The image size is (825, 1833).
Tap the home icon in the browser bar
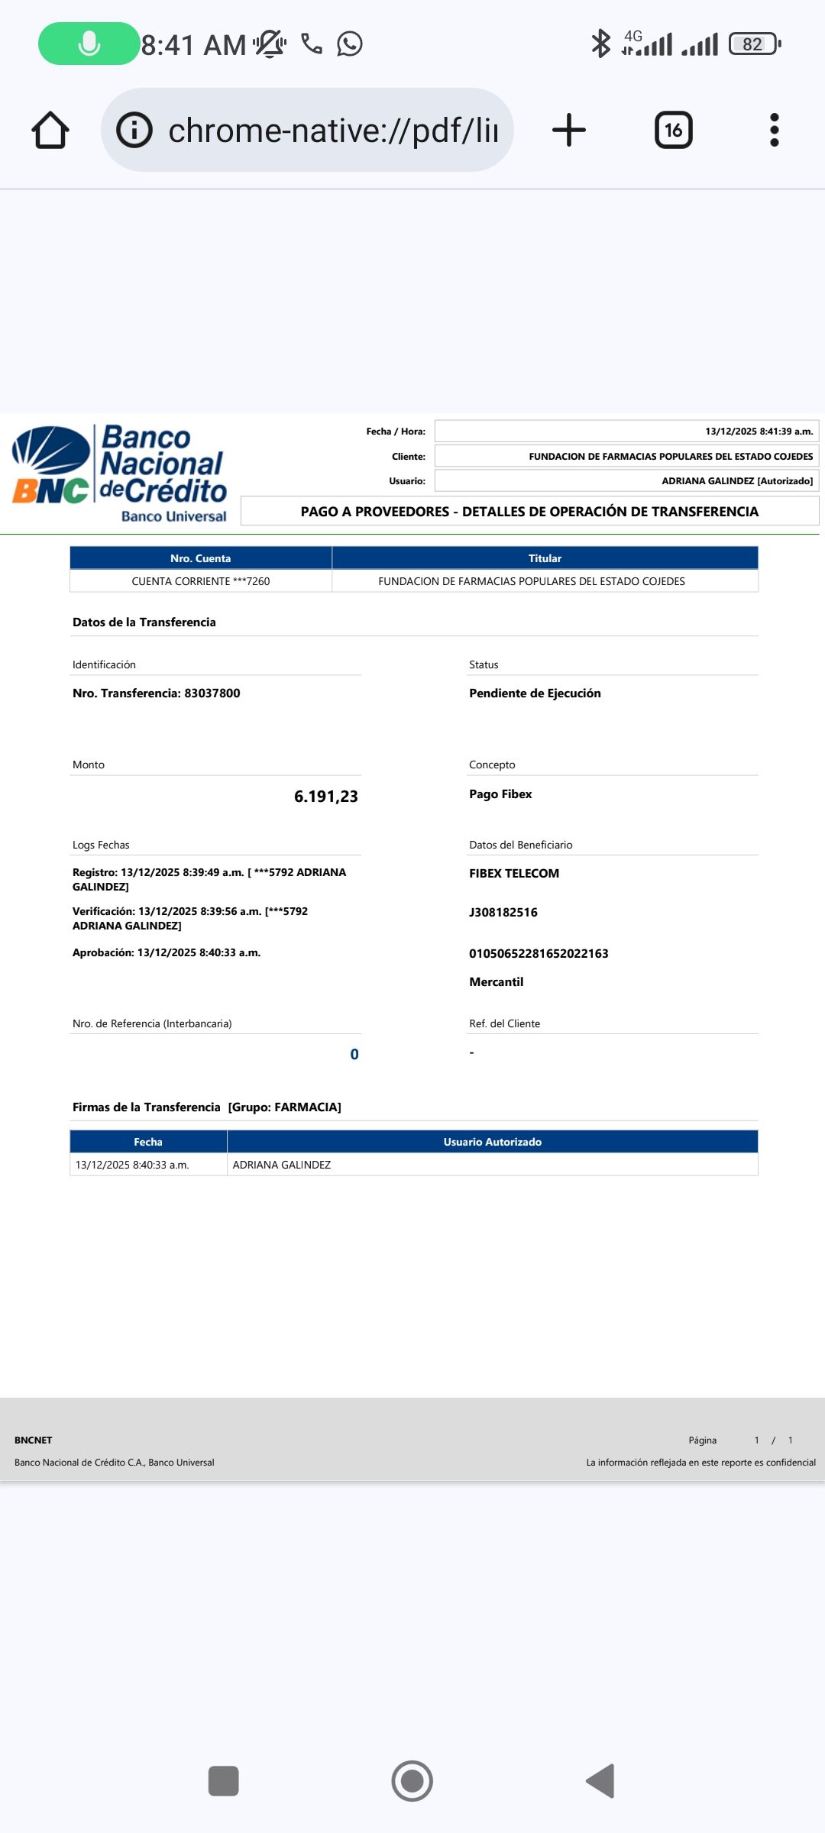tap(50, 130)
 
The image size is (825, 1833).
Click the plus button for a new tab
tap(569, 130)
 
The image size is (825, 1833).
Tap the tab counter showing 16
tap(673, 130)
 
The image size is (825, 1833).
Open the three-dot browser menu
tap(774, 130)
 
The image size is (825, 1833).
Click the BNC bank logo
tap(120, 474)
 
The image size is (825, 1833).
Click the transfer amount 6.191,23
tap(325, 797)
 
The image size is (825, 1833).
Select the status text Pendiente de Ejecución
tap(535, 693)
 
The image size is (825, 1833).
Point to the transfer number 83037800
tap(212, 693)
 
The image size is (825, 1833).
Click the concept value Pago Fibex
tap(500, 794)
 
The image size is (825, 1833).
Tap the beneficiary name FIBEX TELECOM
tap(514, 874)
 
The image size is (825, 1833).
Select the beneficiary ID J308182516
tap(503, 913)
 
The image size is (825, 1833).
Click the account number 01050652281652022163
tap(539, 954)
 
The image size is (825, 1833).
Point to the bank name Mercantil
tap(496, 982)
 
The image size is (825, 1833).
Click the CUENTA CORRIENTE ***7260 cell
tap(201, 581)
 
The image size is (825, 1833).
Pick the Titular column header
tap(545, 558)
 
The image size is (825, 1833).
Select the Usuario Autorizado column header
tap(493, 1142)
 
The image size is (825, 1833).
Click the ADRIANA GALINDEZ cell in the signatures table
tap(282, 1165)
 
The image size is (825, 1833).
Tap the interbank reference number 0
tap(354, 1055)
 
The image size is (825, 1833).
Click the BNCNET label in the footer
tap(34, 1440)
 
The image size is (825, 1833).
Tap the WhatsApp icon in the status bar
tap(350, 44)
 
